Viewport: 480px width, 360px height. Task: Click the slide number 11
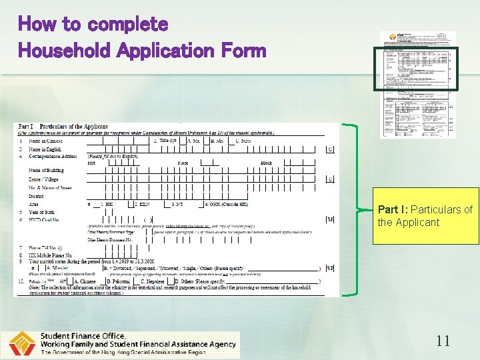point(443,341)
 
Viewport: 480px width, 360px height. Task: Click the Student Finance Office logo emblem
point(22,344)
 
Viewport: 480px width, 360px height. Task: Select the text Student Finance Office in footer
point(83,336)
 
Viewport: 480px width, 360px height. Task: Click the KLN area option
point(143,204)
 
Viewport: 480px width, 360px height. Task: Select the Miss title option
point(243,141)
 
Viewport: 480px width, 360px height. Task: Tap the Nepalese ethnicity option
point(156,282)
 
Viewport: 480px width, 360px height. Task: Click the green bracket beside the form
point(352,209)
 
